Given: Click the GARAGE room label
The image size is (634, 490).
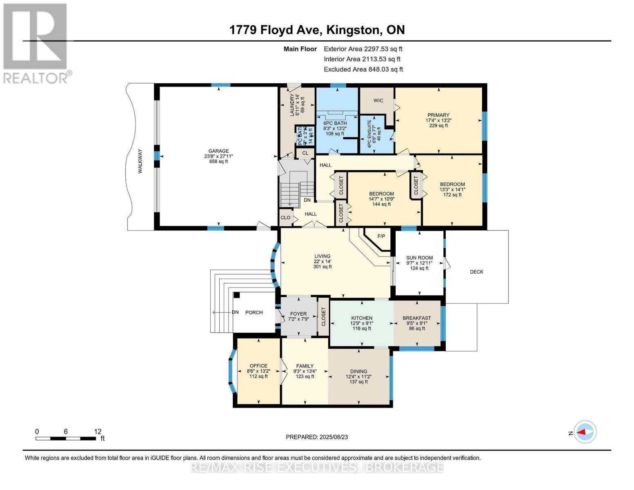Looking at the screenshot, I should point(218,151).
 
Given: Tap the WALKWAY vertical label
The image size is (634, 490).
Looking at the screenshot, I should point(140,161).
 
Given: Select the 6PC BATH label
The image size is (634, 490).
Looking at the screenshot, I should point(335,123).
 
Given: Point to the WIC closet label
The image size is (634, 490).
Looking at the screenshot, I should point(378,100).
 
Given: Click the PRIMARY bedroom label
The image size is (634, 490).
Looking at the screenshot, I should point(438,115).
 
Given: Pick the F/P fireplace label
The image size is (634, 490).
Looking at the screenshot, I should point(381,236).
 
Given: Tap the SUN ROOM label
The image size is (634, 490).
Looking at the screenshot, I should point(419,258).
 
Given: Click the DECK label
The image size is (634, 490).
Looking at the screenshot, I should point(476,272).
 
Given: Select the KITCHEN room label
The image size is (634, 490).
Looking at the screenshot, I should point(362,318).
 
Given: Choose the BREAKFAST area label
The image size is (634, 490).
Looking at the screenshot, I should point(417,318).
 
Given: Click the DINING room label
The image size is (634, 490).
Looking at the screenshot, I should point(358,372).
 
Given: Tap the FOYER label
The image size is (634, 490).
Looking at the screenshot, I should point(298,314).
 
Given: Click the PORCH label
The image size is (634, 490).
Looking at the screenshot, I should point(254,312).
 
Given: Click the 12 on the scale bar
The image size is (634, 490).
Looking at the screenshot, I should point(98,432).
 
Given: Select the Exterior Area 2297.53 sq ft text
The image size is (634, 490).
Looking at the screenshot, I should point(363,49).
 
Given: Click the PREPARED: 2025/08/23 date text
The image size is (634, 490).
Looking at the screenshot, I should point(317,437).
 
